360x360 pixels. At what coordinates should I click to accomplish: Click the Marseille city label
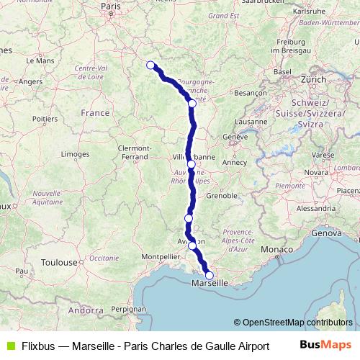pos(209,284)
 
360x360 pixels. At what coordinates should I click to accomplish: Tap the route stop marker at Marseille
pos(210,275)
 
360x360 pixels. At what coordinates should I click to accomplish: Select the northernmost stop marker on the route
pos(150,66)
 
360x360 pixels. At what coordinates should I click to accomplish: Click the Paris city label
pos(109,6)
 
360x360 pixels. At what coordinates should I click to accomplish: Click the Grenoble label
pos(222,195)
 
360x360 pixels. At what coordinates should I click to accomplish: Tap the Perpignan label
pos(130,307)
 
